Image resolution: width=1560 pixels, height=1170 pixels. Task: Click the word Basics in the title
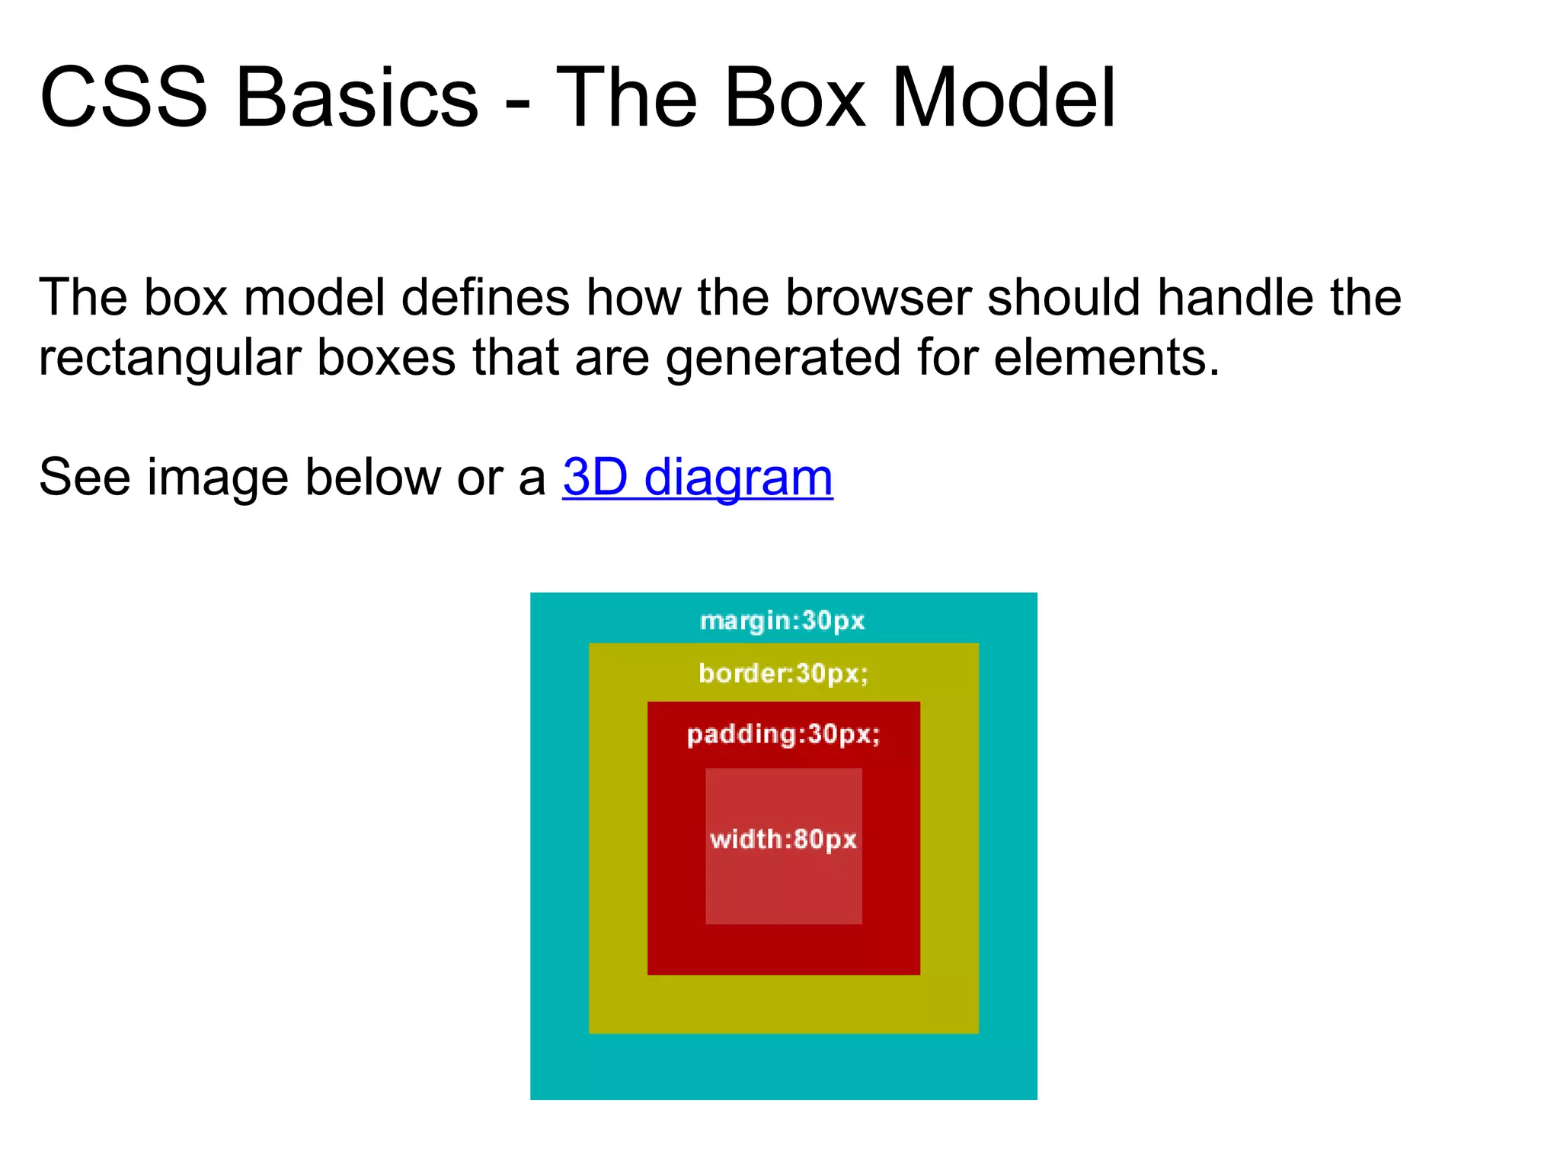point(356,97)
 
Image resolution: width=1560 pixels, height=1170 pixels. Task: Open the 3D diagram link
point(697,478)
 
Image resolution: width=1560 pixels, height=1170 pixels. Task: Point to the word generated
point(783,358)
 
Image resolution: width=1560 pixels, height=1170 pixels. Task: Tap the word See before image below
point(85,478)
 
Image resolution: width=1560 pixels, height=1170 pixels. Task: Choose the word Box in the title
point(794,97)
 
